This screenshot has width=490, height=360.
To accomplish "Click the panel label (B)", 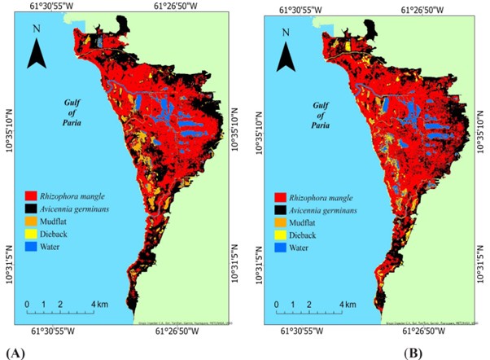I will tap(413, 352).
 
